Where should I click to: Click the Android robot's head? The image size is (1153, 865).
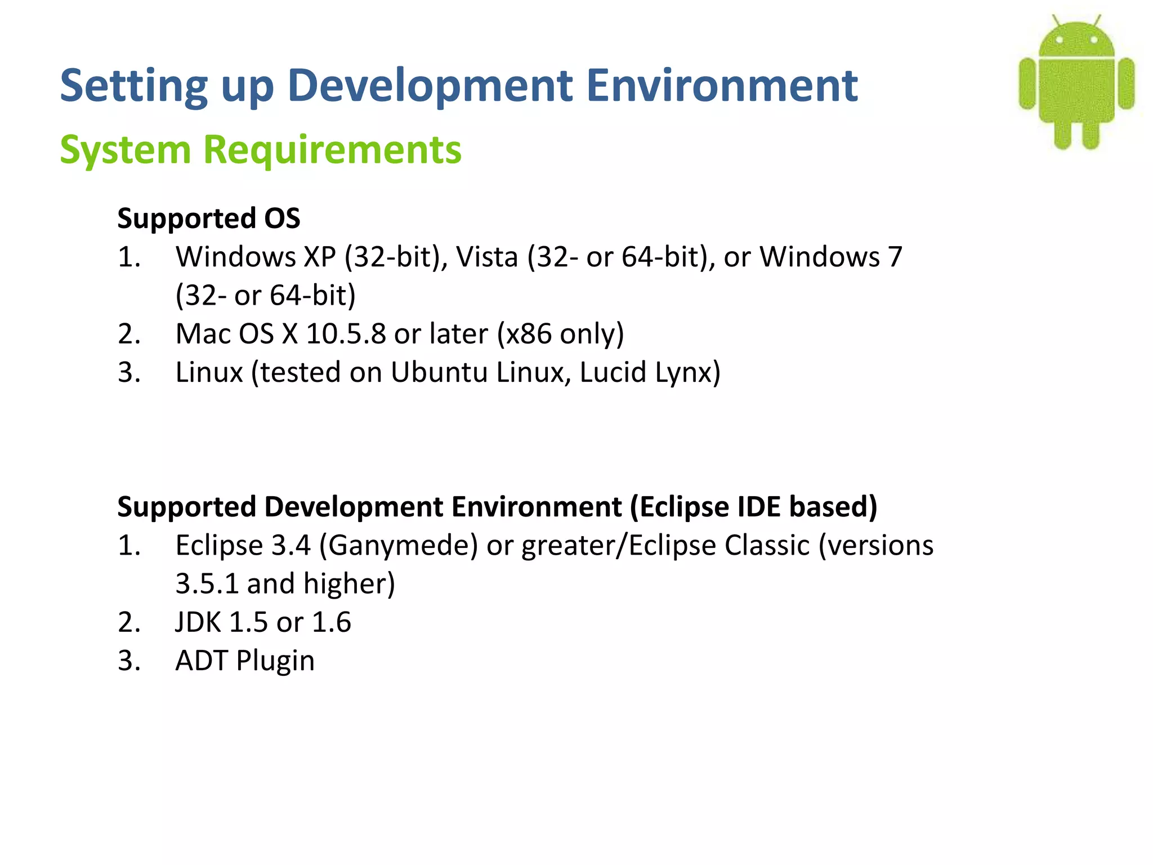pos(1076,41)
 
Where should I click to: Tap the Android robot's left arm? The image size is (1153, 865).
pos(1028,83)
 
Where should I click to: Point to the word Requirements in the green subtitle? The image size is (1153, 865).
pos(332,150)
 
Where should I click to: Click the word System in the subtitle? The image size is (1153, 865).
pos(126,150)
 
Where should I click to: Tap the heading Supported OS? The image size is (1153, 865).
pos(209,219)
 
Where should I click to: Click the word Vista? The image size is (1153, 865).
pos(486,257)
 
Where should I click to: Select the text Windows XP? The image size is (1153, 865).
pos(256,257)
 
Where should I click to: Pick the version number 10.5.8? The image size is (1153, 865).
pos(346,334)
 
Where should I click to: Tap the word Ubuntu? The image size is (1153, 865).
pos(439,372)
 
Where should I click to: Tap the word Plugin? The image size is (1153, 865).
pos(275,661)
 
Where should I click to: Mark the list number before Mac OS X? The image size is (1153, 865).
pos(129,334)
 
